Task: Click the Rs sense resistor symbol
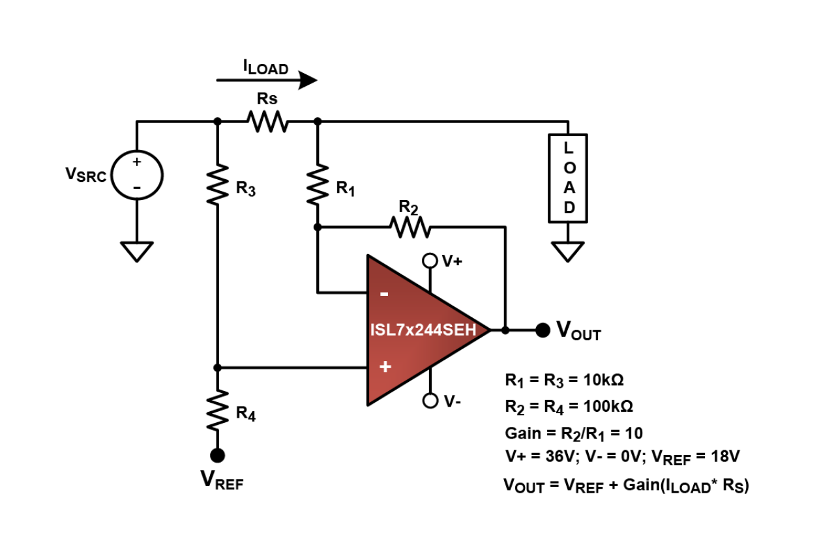click(267, 121)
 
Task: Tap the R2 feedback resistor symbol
click(410, 227)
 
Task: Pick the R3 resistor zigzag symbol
click(218, 184)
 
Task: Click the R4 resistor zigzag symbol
click(218, 411)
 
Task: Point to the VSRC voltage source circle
click(137, 175)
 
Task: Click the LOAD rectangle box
click(568, 177)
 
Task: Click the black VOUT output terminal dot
click(542, 330)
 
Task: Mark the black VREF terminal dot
click(218, 454)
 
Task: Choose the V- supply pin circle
click(430, 401)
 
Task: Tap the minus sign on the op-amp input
click(385, 294)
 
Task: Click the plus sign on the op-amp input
click(385, 368)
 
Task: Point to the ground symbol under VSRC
click(137, 251)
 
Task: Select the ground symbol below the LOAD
click(568, 251)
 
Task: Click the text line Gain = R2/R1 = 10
click(574, 433)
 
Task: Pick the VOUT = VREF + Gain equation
click(626, 485)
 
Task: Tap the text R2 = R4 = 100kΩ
click(569, 406)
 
